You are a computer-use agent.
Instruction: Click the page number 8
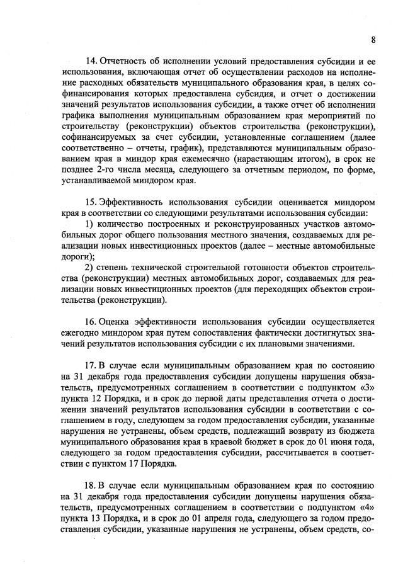(x=373, y=40)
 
